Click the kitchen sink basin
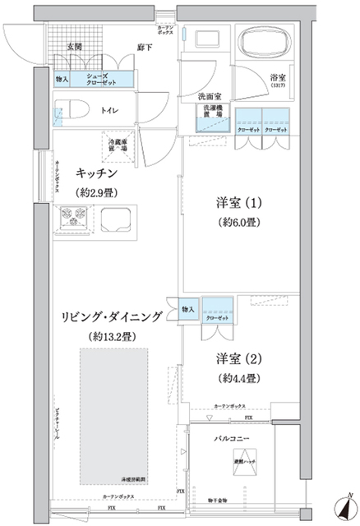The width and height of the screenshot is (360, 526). point(118,220)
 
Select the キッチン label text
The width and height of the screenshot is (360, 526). point(98,174)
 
